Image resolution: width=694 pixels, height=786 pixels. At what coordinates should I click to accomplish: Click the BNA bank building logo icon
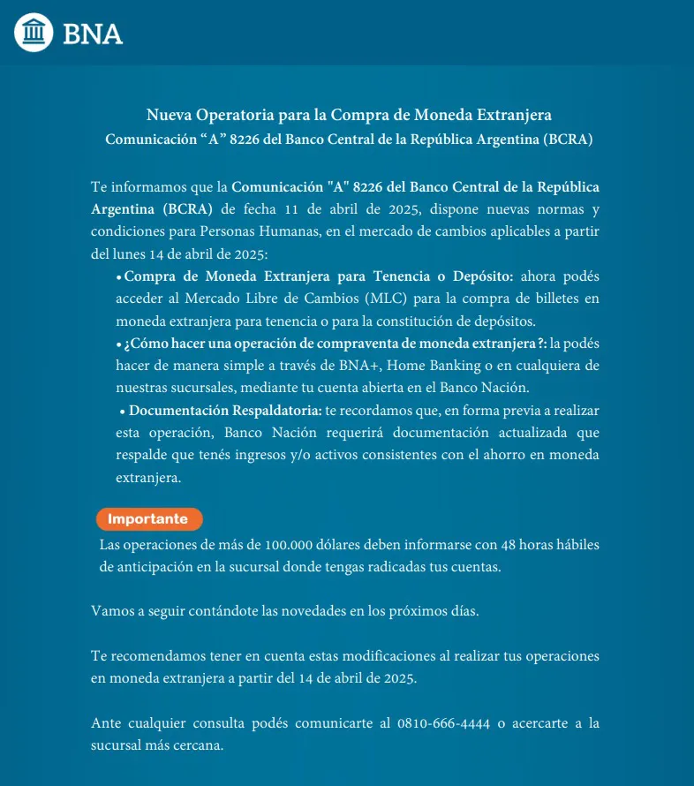click(34, 33)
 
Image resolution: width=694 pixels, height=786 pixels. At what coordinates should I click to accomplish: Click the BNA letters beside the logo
click(93, 34)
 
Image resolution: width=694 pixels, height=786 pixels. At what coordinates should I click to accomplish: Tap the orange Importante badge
click(148, 519)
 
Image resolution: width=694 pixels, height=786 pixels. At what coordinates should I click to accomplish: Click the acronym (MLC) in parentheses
click(379, 299)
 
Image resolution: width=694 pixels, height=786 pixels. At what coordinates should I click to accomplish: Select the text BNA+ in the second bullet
click(359, 364)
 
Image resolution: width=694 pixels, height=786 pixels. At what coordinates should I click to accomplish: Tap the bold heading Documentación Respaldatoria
click(225, 411)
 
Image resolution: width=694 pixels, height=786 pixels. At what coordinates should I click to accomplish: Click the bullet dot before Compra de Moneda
click(119, 277)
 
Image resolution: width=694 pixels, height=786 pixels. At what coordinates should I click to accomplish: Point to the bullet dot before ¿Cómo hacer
click(119, 344)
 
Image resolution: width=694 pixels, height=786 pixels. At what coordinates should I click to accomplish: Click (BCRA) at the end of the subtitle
click(568, 140)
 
